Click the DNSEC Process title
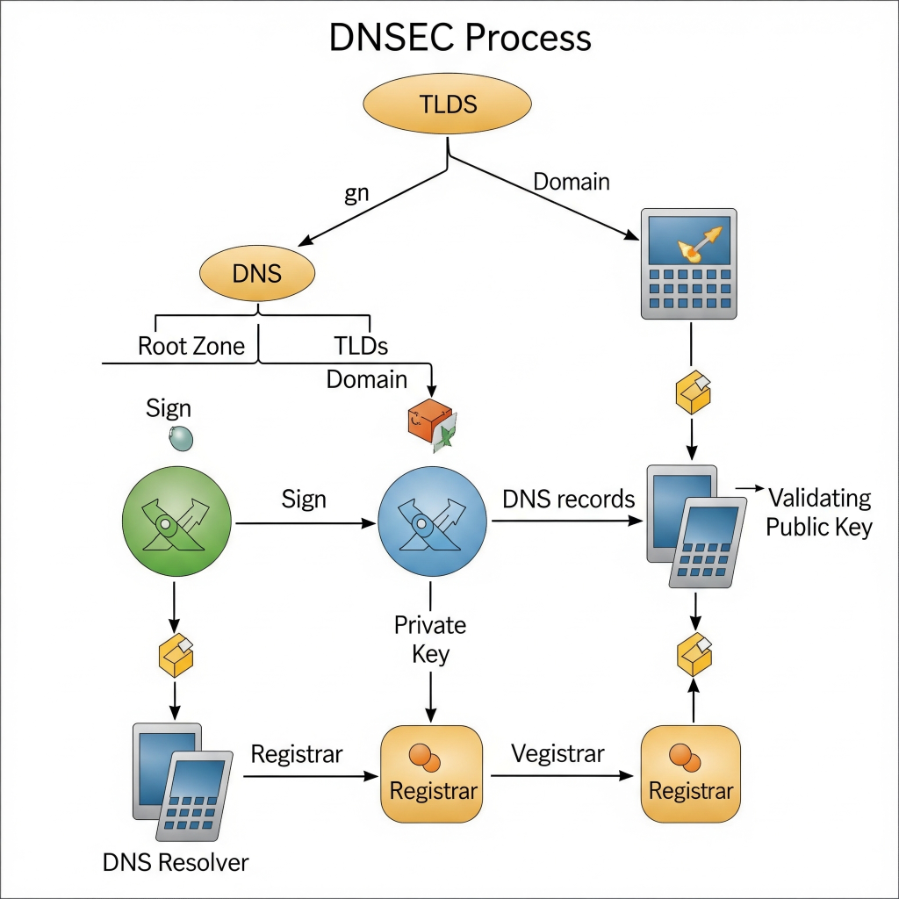(460, 38)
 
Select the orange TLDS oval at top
(448, 104)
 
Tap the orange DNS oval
(257, 273)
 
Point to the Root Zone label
(191, 346)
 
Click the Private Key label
(430, 639)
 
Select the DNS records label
(568, 499)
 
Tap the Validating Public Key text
(819, 512)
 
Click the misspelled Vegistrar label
(557, 753)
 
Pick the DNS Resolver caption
(176, 862)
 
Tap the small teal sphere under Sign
(181, 437)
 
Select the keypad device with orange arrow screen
(689, 263)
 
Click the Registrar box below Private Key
(432, 774)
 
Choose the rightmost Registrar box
(691, 774)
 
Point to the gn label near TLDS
(356, 194)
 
